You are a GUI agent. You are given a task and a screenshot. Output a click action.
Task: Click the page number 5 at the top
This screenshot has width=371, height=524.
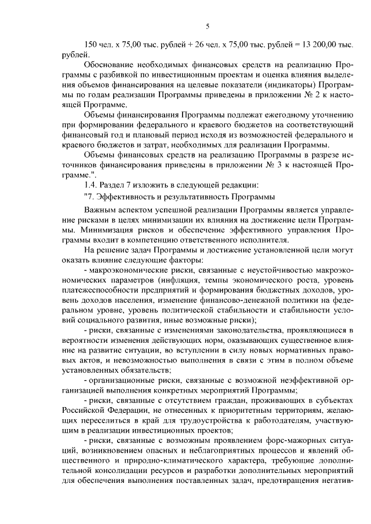[206, 26]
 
